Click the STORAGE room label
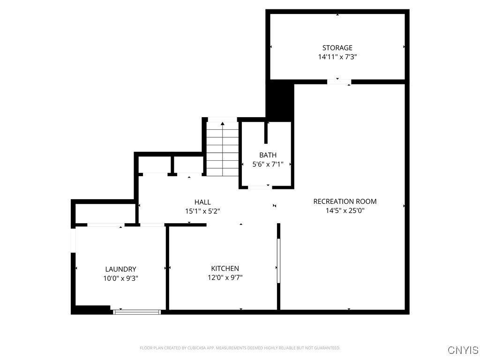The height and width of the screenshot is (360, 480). (x=337, y=48)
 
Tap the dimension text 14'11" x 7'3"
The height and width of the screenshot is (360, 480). (x=337, y=57)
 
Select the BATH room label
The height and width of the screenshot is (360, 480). (x=268, y=155)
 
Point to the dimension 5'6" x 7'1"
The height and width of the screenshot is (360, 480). (x=268, y=165)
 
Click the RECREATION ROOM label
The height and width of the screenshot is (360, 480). (x=345, y=202)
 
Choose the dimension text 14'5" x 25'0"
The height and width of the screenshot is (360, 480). (x=345, y=211)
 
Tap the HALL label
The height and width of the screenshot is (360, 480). (x=202, y=202)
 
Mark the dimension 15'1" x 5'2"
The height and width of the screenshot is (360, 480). (x=202, y=211)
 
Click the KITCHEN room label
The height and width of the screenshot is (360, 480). (x=225, y=269)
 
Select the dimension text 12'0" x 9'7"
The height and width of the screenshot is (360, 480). (x=225, y=277)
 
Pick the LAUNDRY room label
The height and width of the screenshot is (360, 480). (x=120, y=269)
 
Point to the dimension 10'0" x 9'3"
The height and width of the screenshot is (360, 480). (x=120, y=278)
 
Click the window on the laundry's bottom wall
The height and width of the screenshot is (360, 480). (x=137, y=312)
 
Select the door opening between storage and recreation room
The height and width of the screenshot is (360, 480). (x=339, y=82)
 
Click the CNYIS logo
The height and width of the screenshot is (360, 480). (x=463, y=350)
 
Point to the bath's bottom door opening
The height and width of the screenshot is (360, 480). (x=259, y=187)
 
